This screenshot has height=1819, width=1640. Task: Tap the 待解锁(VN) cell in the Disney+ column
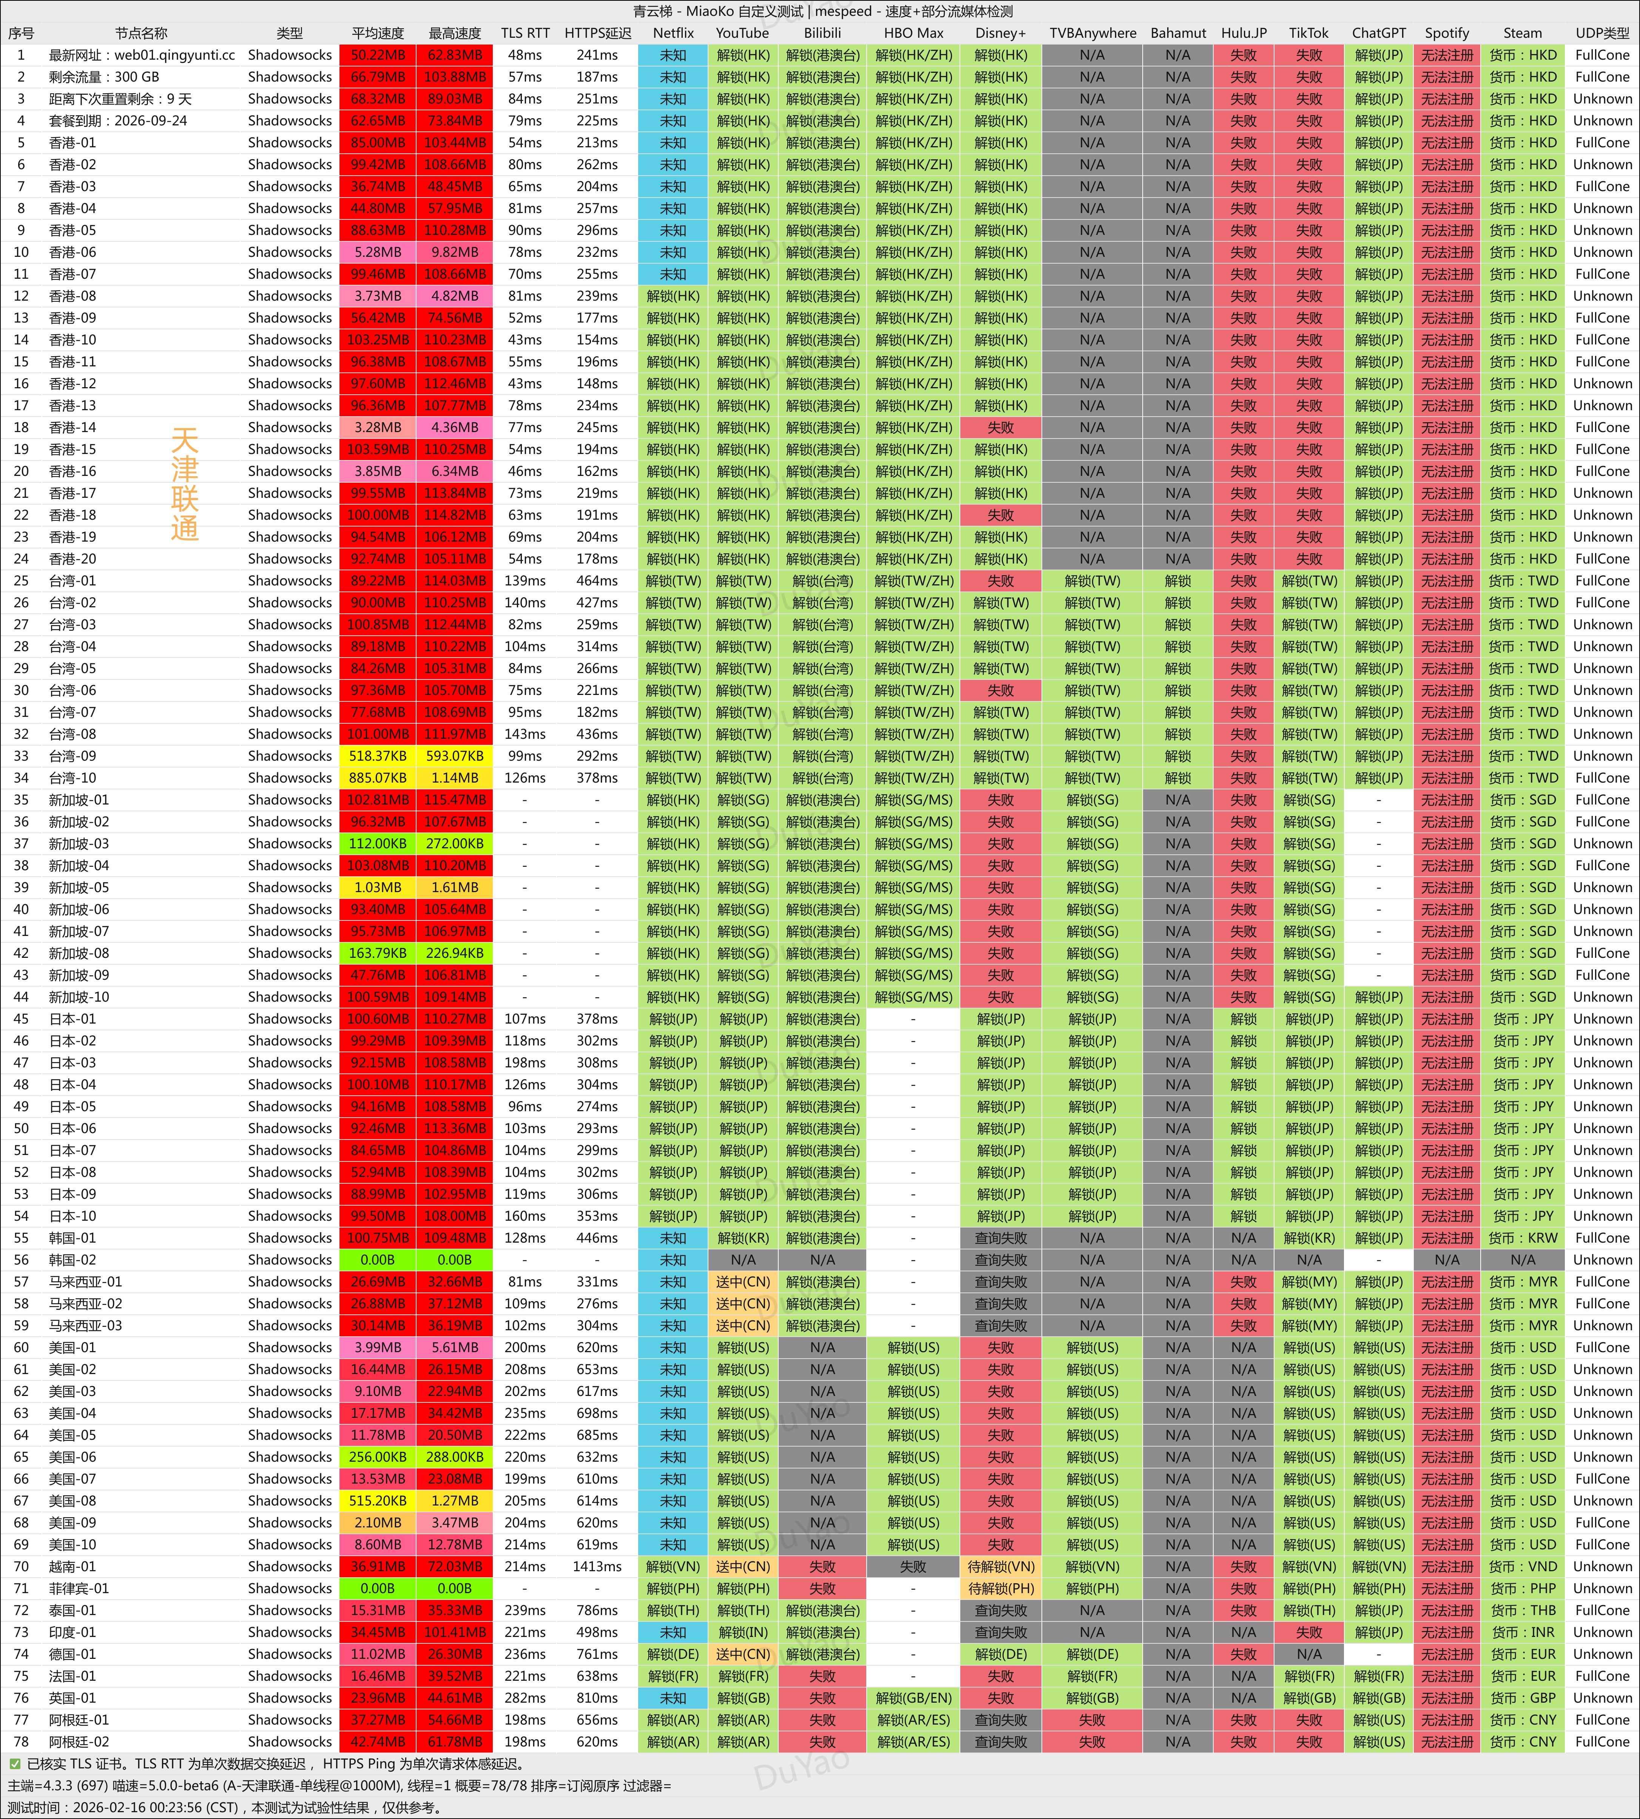pyautogui.click(x=1000, y=1567)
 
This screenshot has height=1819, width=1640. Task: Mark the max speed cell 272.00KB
pyautogui.click(x=454, y=844)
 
